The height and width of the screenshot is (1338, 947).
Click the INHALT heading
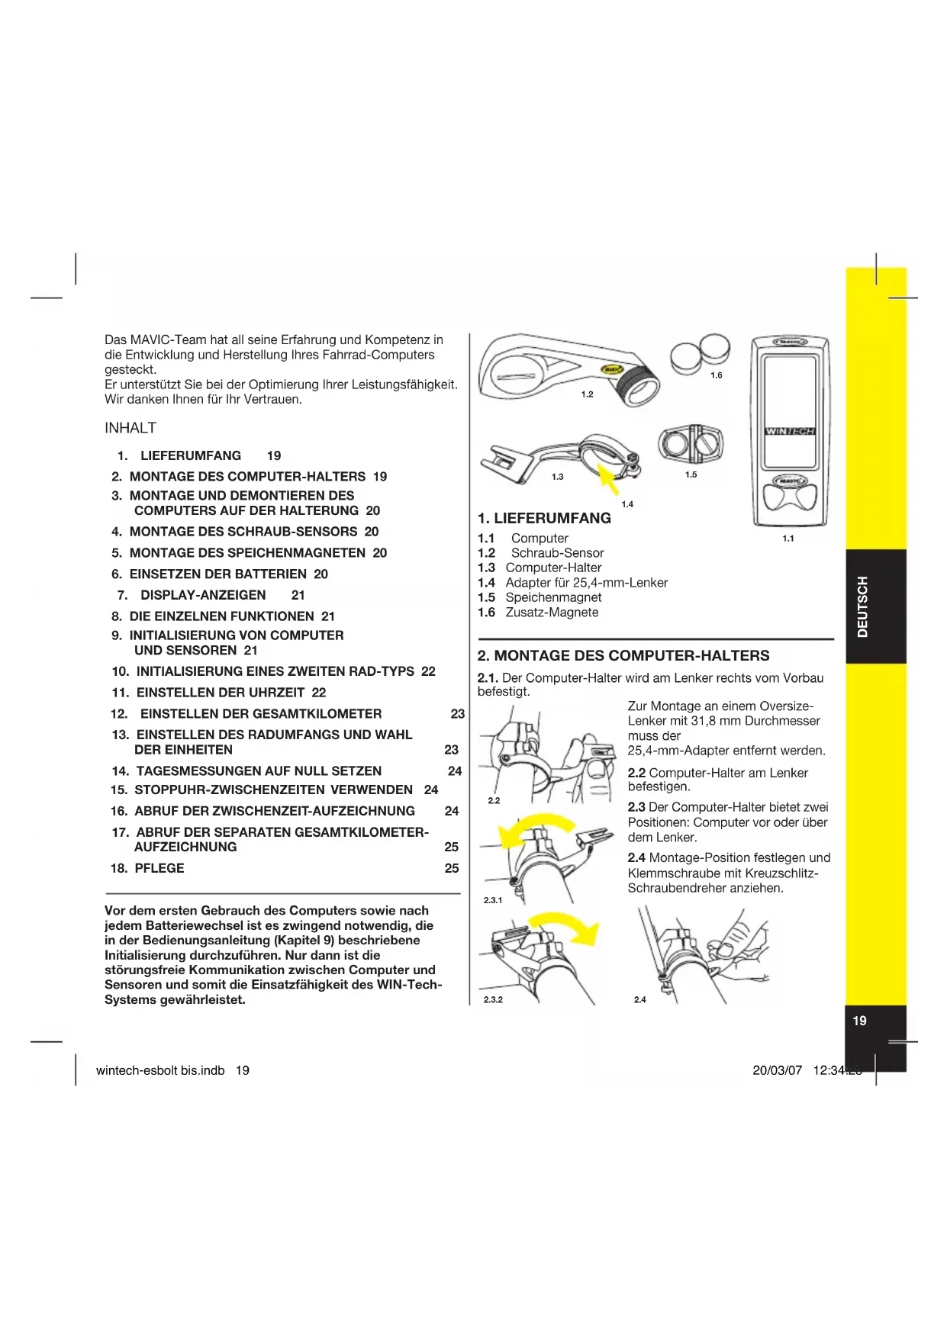pos(130,428)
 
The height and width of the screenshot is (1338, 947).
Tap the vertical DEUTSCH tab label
pos(862,606)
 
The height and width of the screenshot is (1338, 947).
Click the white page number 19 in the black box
pos(859,1021)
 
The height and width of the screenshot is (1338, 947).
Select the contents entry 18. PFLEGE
pos(148,868)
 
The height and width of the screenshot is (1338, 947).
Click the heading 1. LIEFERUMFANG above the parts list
pos(544,518)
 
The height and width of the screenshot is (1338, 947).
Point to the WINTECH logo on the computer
pos(790,431)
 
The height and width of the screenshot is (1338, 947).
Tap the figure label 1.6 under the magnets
pos(716,375)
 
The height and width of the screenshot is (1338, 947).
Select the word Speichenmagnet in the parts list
pos(553,597)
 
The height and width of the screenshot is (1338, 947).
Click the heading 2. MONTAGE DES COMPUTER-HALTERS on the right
pos(623,655)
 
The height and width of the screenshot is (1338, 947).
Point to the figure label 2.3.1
pos(493,900)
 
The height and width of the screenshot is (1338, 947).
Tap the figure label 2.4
pos(639,999)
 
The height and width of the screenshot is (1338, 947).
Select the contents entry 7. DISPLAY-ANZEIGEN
pos(192,595)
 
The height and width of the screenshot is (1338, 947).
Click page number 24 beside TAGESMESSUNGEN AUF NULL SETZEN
pos(455,771)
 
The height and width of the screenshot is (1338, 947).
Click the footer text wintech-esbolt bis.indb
pos(160,1070)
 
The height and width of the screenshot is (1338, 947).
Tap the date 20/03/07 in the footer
pos(777,1070)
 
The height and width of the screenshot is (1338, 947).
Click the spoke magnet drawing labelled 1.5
pos(690,443)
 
